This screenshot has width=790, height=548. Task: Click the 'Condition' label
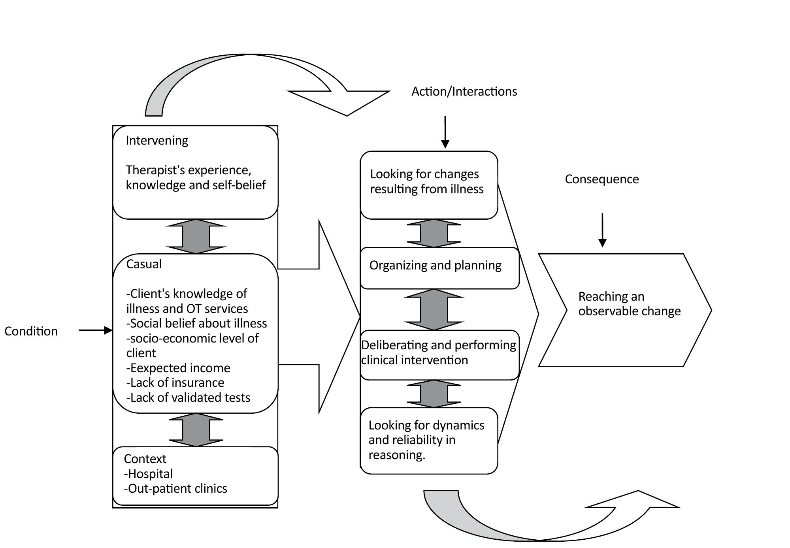[31, 331]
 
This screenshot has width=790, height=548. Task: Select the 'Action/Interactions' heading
[464, 91]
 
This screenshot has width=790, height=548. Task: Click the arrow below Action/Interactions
[445, 132]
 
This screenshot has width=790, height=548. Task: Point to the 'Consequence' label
[601, 179]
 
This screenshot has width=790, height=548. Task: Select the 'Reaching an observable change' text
[629, 304]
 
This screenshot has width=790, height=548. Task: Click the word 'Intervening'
[157, 141]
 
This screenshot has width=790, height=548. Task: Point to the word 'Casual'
[144, 264]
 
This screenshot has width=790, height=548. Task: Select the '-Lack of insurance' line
[175, 383]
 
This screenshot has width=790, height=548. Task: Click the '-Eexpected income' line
[178, 368]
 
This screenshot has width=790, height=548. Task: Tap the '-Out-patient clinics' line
[175, 489]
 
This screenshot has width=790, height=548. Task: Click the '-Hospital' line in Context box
[148, 474]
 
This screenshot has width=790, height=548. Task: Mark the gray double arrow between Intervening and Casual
[196, 236]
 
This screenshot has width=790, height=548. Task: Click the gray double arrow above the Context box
[196, 430]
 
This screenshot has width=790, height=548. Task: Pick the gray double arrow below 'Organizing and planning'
[434, 309]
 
